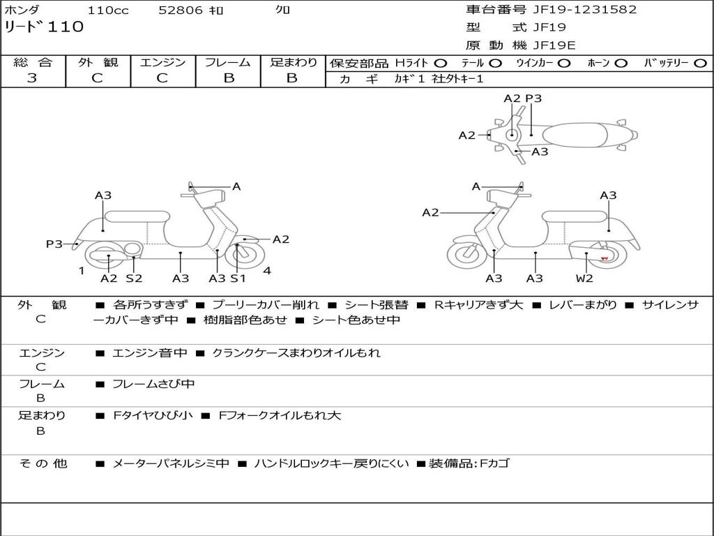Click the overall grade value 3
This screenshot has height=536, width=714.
click(x=32, y=78)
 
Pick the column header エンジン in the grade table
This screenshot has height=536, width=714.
click(x=162, y=63)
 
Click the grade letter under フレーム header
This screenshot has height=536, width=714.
click(x=228, y=78)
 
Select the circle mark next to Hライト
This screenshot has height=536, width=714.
click(x=441, y=64)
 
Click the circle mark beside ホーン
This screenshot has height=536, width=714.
click(x=621, y=64)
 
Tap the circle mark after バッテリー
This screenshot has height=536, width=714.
click(x=701, y=64)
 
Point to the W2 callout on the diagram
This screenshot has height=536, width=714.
click(x=584, y=278)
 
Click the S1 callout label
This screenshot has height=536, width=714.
click(x=238, y=278)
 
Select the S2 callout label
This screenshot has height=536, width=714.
click(x=134, y=278)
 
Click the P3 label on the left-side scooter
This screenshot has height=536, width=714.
click(x=54, y=244)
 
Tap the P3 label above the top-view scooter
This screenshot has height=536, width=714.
click(x=533, y=98)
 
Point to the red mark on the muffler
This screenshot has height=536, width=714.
click(x=604, y=259)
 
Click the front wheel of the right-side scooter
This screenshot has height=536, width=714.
click(x=466, y=254)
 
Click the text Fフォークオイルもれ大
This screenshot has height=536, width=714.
click(x=280, y=415)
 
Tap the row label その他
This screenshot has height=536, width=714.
click(x=42, y=463)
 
